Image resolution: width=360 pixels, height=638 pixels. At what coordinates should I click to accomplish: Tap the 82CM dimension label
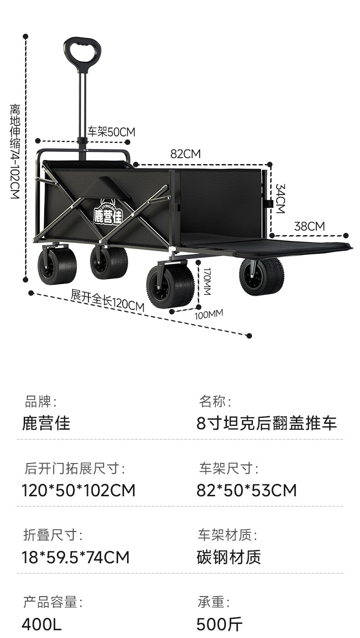tap(185, 154)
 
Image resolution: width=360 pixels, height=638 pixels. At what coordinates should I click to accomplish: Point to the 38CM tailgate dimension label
tap(309, 226)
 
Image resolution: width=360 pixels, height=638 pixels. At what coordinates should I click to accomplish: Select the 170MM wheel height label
tap(206, 281)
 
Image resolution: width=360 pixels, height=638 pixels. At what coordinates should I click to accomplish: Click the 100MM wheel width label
tap(209, 314)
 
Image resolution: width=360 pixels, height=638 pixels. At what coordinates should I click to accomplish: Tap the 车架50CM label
tap(111, 132)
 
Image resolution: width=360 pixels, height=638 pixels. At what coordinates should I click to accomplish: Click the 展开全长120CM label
tap(108, 301)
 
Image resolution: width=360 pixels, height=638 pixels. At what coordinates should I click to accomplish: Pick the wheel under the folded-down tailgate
tap(262, 276)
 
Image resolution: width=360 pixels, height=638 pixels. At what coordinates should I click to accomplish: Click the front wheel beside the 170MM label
tap(170, 286)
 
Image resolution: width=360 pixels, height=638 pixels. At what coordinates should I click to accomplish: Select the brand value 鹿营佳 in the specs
tap(46, 423)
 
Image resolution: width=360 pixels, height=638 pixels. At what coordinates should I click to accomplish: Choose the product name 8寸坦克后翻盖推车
tap(267, 423)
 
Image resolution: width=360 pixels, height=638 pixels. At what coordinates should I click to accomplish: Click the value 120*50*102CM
tap(78, 490)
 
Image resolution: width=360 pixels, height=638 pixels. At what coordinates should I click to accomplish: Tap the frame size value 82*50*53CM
tap(247, 490)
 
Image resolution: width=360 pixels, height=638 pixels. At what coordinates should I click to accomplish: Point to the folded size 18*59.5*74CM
tap(76, 557)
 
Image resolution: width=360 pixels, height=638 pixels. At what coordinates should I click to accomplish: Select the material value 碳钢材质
tap(229, 557)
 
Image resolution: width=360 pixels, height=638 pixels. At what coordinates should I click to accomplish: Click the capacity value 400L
tap(41, 624)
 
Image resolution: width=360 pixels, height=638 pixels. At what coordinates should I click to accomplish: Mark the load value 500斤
tap(220, 624)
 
